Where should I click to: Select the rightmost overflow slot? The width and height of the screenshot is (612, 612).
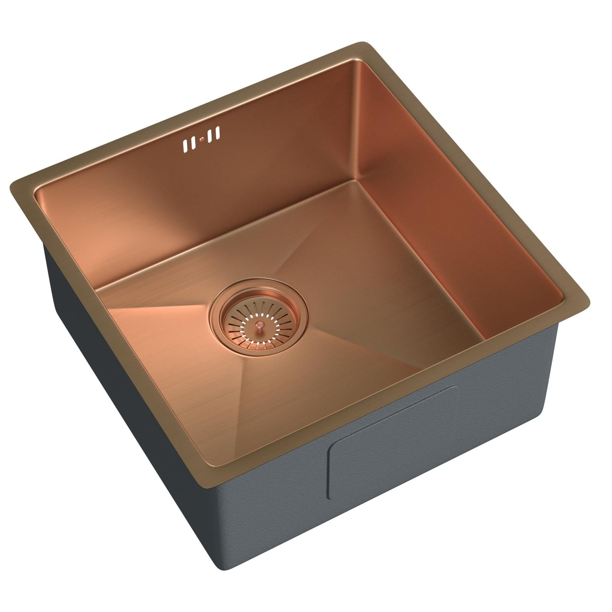coord(218,133)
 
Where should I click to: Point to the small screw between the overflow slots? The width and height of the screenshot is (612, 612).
coord(201,140)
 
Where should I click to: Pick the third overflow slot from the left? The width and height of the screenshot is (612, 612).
coord(210,136)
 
